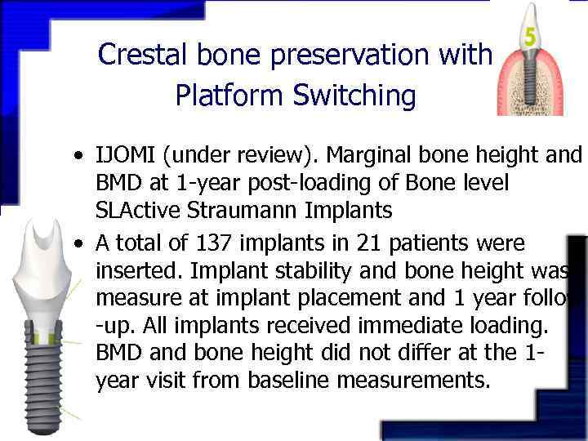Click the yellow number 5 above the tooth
tap(531, 38)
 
